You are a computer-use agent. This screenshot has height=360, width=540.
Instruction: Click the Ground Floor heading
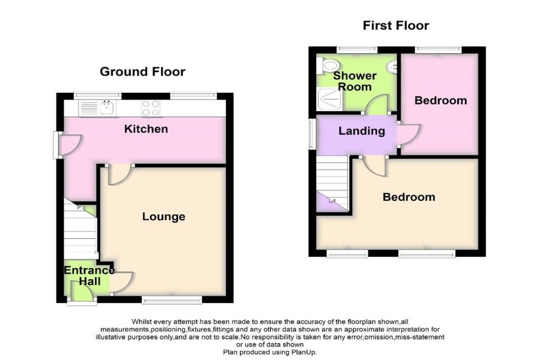[x=142, y=72]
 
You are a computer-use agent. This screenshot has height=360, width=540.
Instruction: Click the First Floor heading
[x=396, y=25]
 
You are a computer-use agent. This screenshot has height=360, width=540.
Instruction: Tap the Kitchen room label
[x=146, y=129]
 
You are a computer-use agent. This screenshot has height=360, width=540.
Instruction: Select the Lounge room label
[x=163, y=217]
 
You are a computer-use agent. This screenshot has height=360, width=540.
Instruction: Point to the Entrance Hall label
[x=89, y=276]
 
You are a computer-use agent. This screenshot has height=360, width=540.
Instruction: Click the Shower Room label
[x=355, y=81]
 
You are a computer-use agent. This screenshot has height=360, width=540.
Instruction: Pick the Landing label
[x=362, y=131]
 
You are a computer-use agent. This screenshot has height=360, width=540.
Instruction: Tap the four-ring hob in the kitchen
[x=150, y=108]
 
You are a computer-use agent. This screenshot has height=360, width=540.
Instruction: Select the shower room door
[x=377, y=106]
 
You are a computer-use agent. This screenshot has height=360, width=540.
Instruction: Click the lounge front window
[x=171, y=300]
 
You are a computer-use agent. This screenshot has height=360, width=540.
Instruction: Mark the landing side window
[x=312, y=133]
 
